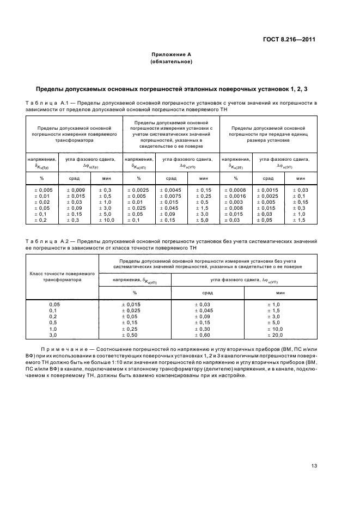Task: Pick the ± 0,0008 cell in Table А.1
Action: point(235,190)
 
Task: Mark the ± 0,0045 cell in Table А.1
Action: point(170,190)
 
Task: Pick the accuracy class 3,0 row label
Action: point(53,336)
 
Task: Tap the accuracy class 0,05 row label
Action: point(53,304)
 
